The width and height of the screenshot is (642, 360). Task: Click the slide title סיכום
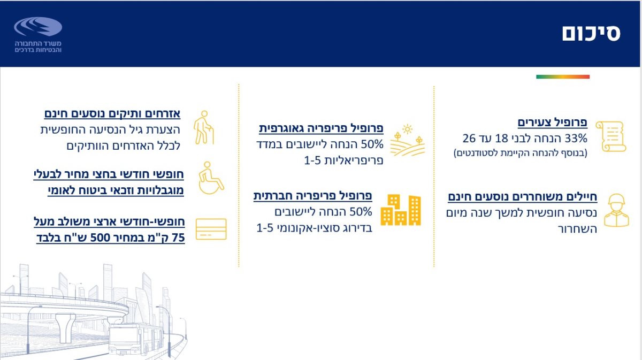click(591, 33)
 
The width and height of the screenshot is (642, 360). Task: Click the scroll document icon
click(610, 136)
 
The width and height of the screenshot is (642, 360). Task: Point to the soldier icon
click(617, 210)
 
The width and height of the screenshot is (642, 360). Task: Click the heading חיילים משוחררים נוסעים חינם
click(522, 197)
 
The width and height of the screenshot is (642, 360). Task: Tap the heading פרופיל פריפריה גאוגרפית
click(321, 128)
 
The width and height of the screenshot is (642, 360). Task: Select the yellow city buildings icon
click(401, 210)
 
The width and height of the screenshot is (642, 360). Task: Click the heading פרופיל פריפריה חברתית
click(312, 196)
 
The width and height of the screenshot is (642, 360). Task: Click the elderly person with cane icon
click(204, 128)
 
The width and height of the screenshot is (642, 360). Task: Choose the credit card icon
click(211, 229)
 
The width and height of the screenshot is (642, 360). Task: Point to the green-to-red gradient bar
click(562, 77)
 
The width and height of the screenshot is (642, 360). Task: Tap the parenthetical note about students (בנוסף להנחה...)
click(520, 153)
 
